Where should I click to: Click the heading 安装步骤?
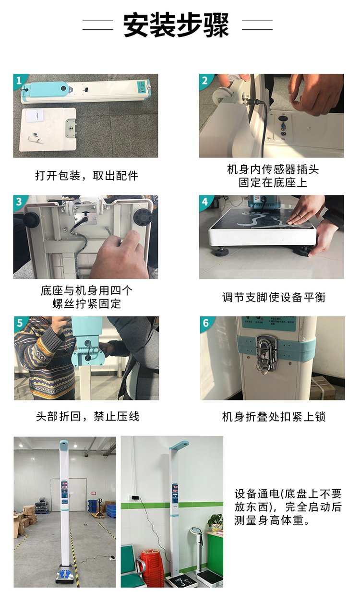point(176,25)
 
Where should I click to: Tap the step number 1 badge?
point(19,81)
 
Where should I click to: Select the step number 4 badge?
point(205,202)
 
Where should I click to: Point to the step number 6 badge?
point(206,323)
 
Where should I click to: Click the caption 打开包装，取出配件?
point(86,175)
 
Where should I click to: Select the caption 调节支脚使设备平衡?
point(274,297)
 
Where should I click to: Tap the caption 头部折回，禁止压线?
point(88,416)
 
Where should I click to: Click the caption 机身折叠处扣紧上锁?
point(274,417)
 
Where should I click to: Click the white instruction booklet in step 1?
point(34,116)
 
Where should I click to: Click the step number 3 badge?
point(19,202)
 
